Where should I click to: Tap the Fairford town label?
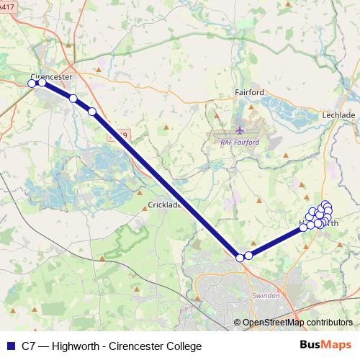250,92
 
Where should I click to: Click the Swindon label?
266,296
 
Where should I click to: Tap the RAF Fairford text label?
239,142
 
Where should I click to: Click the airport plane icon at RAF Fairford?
240,131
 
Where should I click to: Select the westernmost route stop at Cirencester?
32,84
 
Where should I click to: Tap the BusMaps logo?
326,346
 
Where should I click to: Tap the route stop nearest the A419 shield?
91,111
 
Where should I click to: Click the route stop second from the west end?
42,83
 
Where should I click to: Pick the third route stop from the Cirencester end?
73,98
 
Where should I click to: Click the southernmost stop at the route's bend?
240,257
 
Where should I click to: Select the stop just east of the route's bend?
248,255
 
